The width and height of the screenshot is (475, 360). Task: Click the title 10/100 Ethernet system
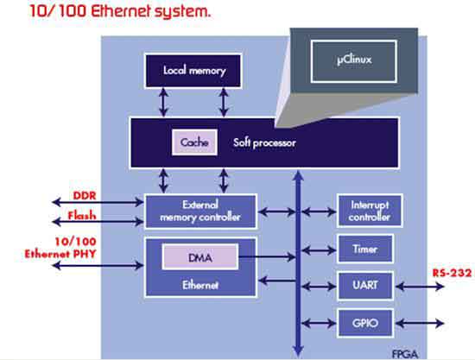109,15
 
